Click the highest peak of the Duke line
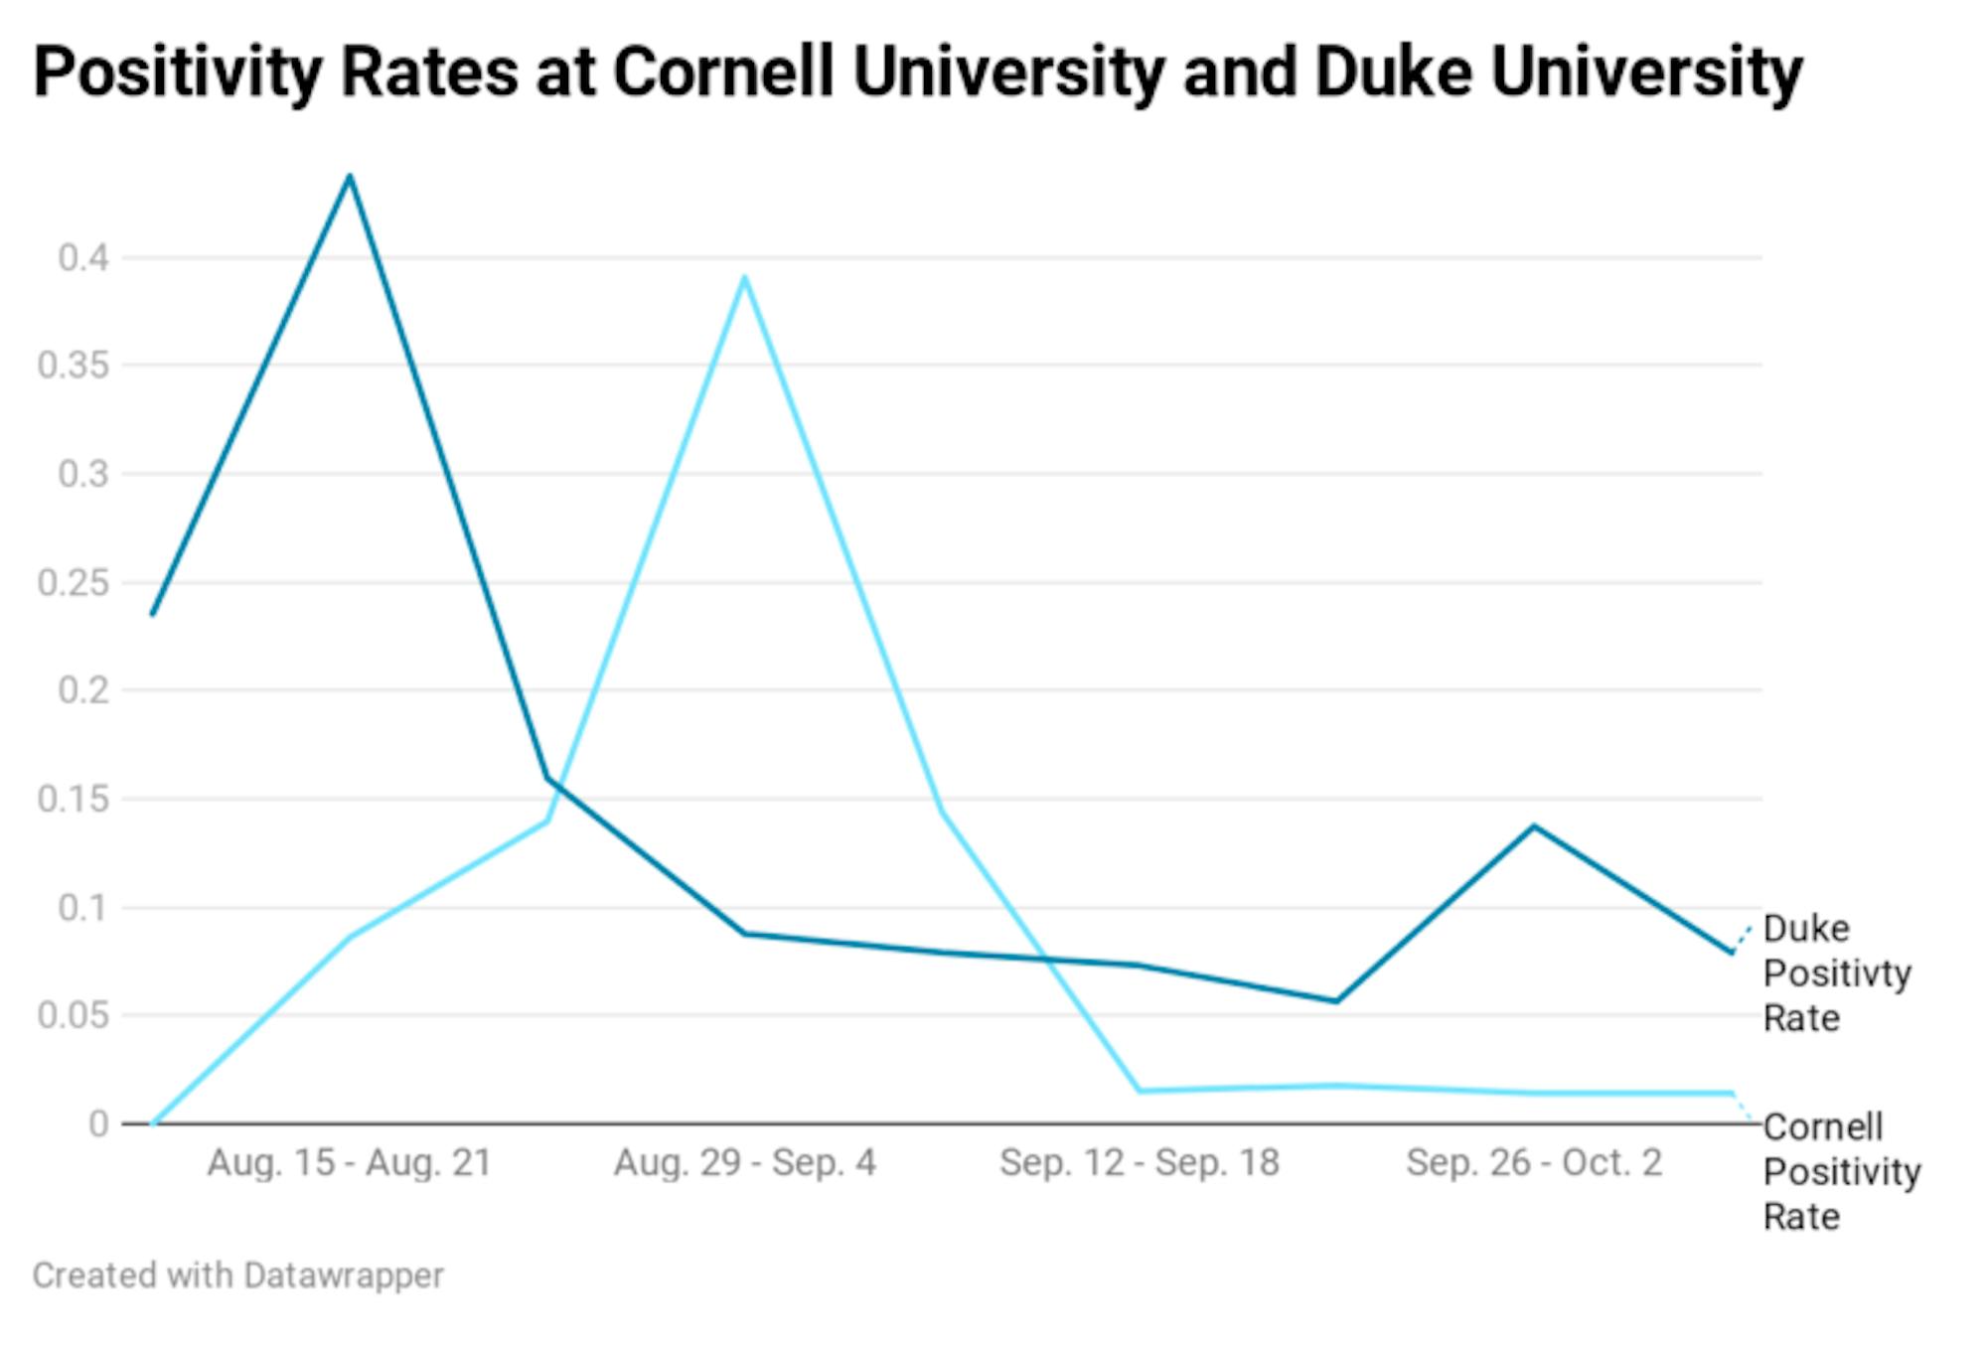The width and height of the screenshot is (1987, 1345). pyautogui.click(x=350, y=177)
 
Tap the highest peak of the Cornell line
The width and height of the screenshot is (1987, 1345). pyautogui.click(x=744, y=277)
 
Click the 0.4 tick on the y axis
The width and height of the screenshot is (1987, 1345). pyautogui.click(x=82, y=258)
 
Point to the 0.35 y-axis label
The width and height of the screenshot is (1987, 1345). pyautogui.click(x=73, y=366)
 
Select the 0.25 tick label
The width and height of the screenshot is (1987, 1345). pyautogui.click(x=73, y=582)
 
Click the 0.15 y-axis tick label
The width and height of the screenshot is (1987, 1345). pyautogui.click(x=73, y=799)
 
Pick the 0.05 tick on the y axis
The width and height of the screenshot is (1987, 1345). pyautogui.click(x=73, y=1015)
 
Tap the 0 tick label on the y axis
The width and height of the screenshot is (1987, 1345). pyautogui.click(x=98, y=1123)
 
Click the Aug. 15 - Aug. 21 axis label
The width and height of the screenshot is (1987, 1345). pyautogui.click(x=350, y=1162)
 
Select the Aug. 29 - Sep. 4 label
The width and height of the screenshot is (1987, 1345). pyautogui.click(x=744, y=1162)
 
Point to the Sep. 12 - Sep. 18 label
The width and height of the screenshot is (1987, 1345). pyautogui.click(x=1140, y=1162)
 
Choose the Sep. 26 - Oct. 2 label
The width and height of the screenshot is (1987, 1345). pyautogui.click(x=1534, y=1162)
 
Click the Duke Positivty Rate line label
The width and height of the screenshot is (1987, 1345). pyautogui.click(x=1836, y=972)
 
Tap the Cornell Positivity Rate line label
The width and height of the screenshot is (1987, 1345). pyautogui.click(x=1840, y=1171)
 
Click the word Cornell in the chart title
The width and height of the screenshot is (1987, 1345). pyautogui.click(x=723, y=72)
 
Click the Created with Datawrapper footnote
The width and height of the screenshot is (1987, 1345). pyautogui.click(x=237, y=1275)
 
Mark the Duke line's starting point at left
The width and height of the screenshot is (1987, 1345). pyautogui.click(x=153, y=614)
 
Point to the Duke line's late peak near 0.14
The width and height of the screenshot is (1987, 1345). pyautogui.click(x=1534, y=826)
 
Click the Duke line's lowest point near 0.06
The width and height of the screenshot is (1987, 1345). pyautogui.click(x=1336, y=1000)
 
